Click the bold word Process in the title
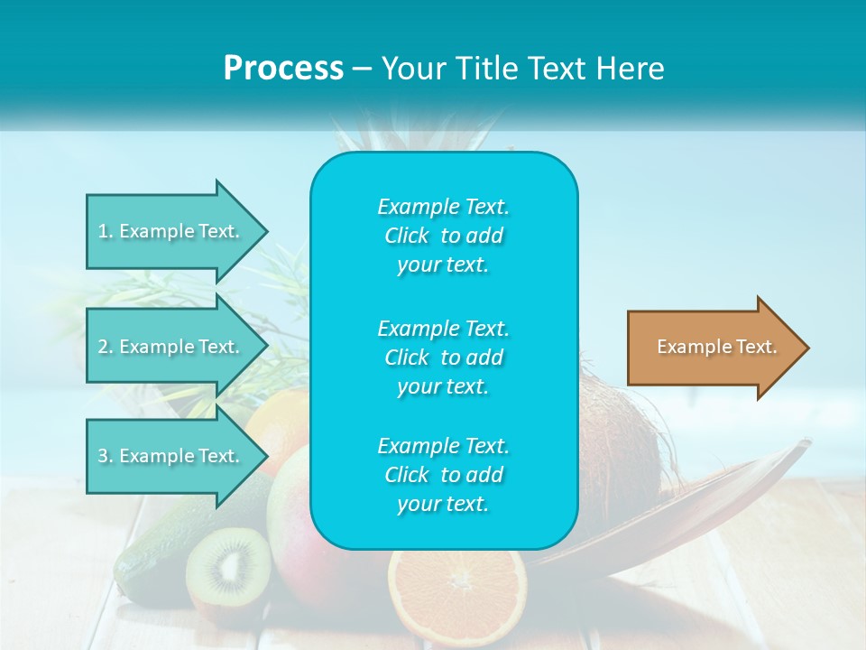[x=283, y=68]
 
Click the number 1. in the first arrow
[x=106, y=231]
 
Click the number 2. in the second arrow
[x=106, y=347]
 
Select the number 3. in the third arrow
[x=106, y=456]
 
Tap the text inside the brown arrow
[x=717, y=347]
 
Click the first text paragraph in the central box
[x=443, y=236]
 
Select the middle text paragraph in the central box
[x=443, y=357]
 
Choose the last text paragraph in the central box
[x=443, y=475]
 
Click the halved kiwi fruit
[x=228, y=566]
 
